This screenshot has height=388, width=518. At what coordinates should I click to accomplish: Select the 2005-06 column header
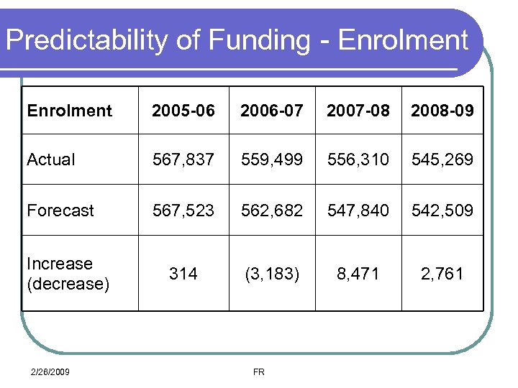coord(183,111)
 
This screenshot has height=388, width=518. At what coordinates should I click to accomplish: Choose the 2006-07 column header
coord(272,111)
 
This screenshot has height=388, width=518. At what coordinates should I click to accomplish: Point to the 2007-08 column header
coord(358,111)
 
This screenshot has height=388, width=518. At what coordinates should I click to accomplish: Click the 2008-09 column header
coord(442,111)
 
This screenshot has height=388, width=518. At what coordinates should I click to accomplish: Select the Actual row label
coord(51,160)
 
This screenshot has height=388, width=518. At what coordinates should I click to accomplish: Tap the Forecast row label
coord(60,211)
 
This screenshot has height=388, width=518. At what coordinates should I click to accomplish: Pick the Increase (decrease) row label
coord(68,274)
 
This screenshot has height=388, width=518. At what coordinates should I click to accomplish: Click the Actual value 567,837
coord(183,160)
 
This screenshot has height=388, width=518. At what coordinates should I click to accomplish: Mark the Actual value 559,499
coord(272,160)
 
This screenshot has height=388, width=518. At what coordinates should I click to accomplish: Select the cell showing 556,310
coord(358,160)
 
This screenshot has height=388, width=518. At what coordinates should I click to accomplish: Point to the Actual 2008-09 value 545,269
coord(442,160)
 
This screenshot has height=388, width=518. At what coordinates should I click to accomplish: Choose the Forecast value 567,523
coord(183,211)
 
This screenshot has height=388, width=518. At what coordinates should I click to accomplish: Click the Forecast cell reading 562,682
coord(272,211)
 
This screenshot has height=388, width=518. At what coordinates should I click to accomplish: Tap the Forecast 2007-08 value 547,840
coord(358,211)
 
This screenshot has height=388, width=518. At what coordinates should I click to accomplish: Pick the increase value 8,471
coord(358,274)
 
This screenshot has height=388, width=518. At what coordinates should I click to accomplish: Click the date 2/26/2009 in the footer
coord(50,371)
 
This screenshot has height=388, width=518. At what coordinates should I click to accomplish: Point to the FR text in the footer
coord(259,371)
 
